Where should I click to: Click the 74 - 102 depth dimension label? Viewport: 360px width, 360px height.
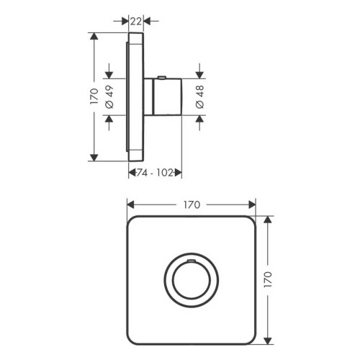[x=155, y=172]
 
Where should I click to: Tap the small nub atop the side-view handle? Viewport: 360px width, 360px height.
[x=164, y=76]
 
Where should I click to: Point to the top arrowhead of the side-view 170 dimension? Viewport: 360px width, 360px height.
[x=94, y=36]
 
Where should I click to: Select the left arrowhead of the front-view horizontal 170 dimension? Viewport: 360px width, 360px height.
[x=131, y=204]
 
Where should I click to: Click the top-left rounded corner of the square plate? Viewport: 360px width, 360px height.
[x=132, y=222]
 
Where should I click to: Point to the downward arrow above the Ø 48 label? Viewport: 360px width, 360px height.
[x=200, y=73]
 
